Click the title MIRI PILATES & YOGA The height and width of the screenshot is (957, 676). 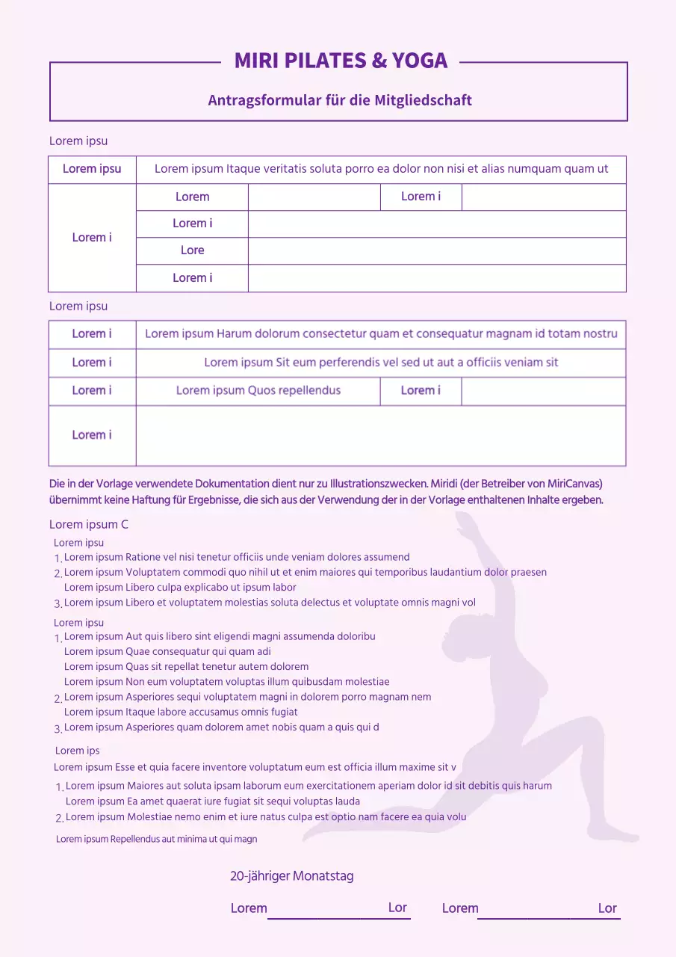(341, 61)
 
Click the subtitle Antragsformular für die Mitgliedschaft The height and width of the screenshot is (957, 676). (340, 100)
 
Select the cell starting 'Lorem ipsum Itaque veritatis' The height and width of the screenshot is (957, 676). (381, 169)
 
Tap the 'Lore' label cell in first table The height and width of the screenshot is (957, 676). (192, 250)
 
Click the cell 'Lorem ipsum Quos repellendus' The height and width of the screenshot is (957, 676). (258, 390)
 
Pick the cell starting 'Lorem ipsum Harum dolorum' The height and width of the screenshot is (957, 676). (381, 333)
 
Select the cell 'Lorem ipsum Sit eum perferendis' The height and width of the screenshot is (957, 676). (381, 363)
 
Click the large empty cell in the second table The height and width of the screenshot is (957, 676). (381, 435)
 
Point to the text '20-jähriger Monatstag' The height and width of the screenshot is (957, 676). (291, 876)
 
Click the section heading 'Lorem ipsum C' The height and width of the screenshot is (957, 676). (88, 524)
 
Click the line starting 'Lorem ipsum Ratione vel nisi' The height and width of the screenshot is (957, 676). (237, 557)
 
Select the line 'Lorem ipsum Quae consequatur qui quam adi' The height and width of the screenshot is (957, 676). (167, 651)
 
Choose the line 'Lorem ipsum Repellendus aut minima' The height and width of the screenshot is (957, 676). (156, 839)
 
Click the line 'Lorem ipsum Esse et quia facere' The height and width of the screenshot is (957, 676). (255, 766)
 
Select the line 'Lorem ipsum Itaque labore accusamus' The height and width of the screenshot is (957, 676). (181, 712)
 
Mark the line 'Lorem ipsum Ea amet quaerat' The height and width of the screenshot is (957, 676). (213, 801)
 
